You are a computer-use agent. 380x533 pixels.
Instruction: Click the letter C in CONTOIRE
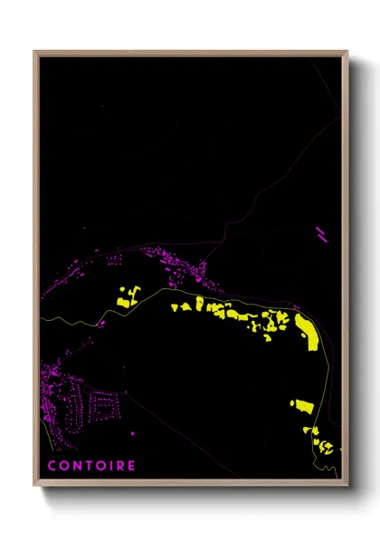pyautogui.click(x=52, y=467)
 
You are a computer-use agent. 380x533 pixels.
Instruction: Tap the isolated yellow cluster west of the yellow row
pyautogui.click(x=127, y=296)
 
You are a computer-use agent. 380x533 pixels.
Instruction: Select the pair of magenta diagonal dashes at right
pyautogui.click(x=321, y=235)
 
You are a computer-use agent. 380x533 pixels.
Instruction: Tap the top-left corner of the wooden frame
pyautogui.click(x=35, y=52)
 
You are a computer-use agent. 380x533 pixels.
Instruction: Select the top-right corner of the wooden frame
pyautogui.click(x=347, y=52)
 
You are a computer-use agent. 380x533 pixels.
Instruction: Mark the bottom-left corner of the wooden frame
pyautogui.click(x=35, y=485)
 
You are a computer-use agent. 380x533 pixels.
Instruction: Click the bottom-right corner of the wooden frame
pyautogui.click(x=347, y=485)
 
